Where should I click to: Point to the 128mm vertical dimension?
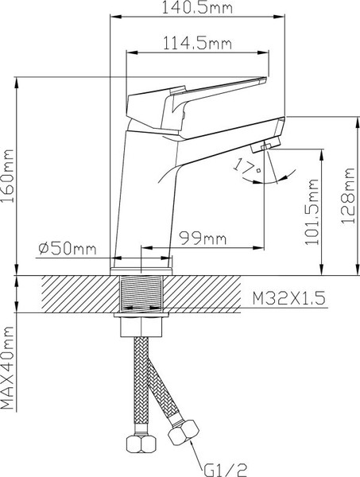coord(346,196)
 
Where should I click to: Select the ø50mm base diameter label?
coord(67,248)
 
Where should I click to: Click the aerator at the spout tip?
coord(265,147)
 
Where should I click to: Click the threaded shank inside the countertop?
coord(143,295)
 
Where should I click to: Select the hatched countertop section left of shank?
coord(72,295)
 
